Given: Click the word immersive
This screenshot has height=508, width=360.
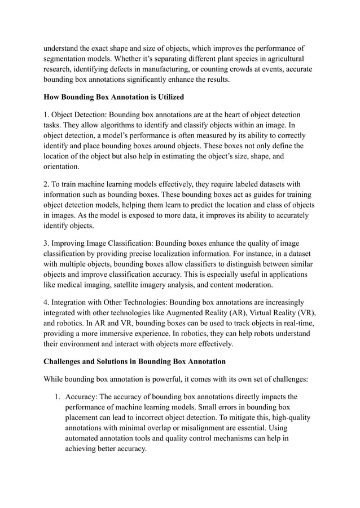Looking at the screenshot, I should pos(128,333).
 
